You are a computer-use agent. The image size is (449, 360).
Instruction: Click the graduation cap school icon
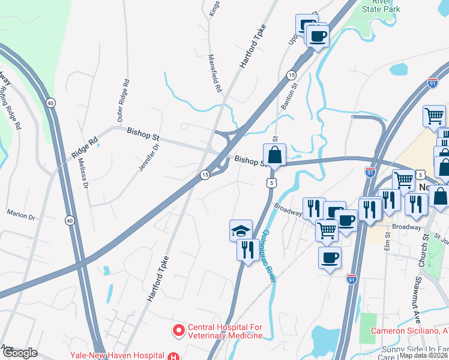click(x=241, y=230)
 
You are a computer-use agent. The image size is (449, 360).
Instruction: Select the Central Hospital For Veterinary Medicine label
click(x=225, y=331)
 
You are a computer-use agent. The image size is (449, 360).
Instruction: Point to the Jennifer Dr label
click(x=149, y=157)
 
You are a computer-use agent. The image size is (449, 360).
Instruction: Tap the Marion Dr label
click(x=21, y=213)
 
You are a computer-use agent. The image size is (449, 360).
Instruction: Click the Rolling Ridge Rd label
click(x=10, y=108)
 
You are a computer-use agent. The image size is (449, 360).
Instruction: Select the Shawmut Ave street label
click(x=417, y=297)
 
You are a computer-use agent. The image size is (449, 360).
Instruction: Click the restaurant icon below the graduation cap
click(x=247, y=248)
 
